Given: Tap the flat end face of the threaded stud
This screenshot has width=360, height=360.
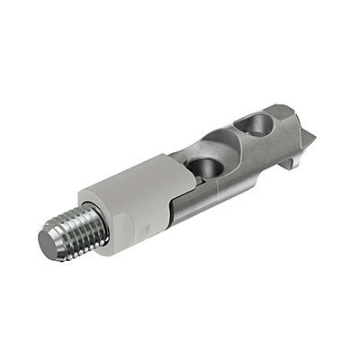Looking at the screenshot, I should click(53, 240).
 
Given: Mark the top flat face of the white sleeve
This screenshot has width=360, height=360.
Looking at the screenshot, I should click(135, 171).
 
